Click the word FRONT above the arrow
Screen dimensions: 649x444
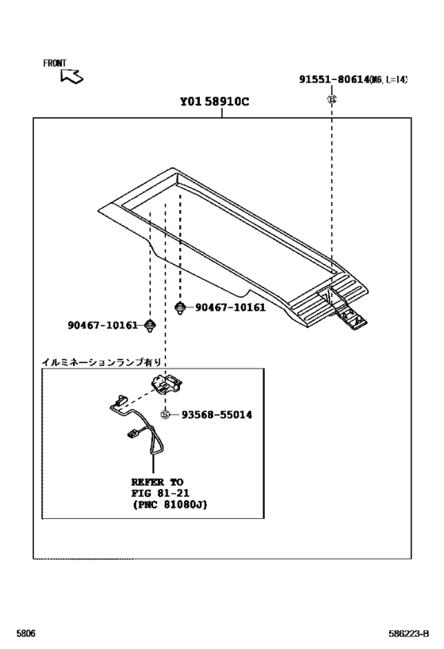[x=55, y=63]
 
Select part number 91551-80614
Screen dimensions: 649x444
[x=334, y=79]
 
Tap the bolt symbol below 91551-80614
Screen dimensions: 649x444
[x=332, y=98]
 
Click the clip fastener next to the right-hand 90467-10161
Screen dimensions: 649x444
[x=181, y=307]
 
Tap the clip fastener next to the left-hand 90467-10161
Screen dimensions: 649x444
[x=151, y=325]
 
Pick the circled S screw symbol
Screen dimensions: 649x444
[x=166, y=414]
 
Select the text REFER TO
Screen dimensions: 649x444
[x=157, y=481]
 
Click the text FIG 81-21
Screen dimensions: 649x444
[x=159, y=492]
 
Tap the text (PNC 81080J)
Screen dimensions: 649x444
[x=169, y=504]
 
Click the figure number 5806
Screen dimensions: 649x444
[x=25, y=634]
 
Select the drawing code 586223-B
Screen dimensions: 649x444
[x=409, y=634]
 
